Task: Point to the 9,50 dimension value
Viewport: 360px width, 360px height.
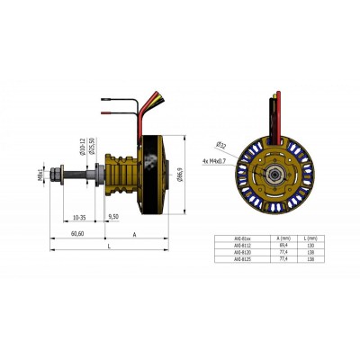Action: [x=113, y=217]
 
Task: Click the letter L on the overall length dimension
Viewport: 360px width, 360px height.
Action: [x=108, y=245]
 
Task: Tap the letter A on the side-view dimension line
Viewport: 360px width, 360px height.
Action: [x=134, y=232]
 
